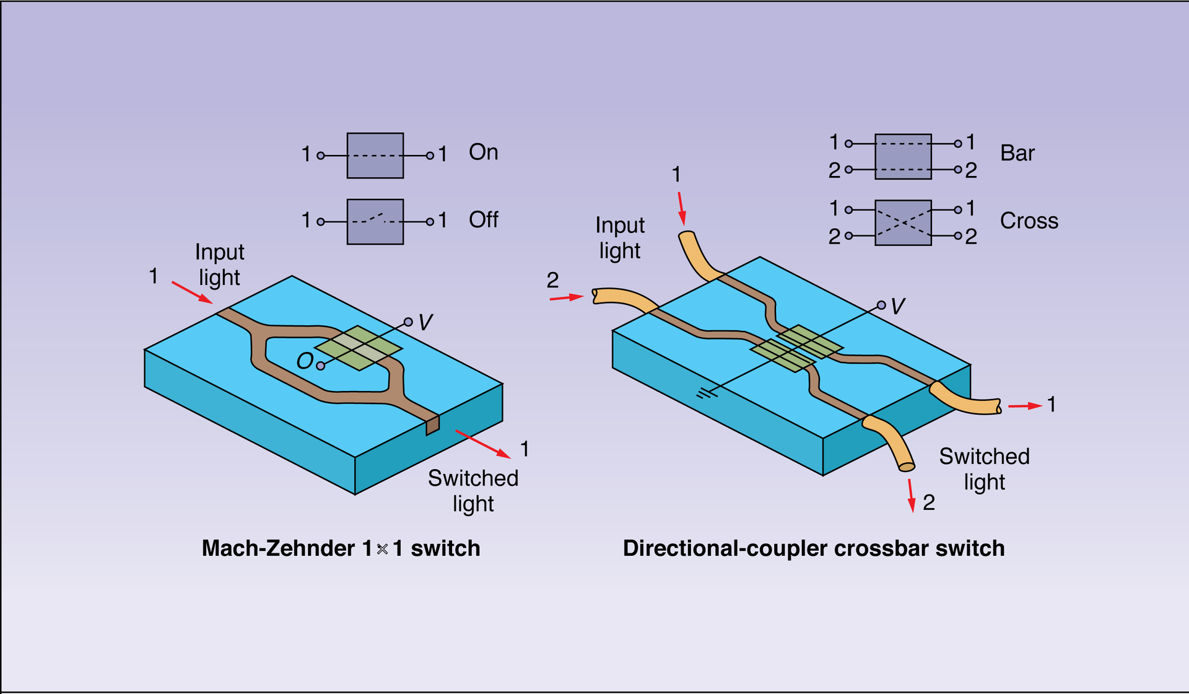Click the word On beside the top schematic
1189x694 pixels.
(x=483, y=152)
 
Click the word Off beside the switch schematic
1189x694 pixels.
(x=483, y=219)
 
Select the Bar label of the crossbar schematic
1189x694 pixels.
(x=1017, y=153)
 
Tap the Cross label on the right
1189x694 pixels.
(x=1029, y=221)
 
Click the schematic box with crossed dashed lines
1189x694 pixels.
(x=903, y=222)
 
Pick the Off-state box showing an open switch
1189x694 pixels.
(x=375, y=221)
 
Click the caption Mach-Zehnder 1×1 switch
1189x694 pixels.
(x=341, y=548)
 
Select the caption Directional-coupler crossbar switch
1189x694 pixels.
(x=813, y=548)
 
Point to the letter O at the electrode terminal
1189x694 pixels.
(x=304, y=361)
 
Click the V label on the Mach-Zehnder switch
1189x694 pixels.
(x=425, y=322)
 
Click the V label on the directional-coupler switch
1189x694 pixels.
(x=897, y=306)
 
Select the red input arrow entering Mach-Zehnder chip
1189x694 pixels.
(x=192, y=292)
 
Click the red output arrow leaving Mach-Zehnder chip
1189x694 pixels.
(x=484, y=444)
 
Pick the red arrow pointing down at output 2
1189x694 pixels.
(x=911, y=496)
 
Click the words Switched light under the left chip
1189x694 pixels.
(x=473, y=490)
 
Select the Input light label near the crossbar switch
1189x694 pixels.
(x=620, y=237)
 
